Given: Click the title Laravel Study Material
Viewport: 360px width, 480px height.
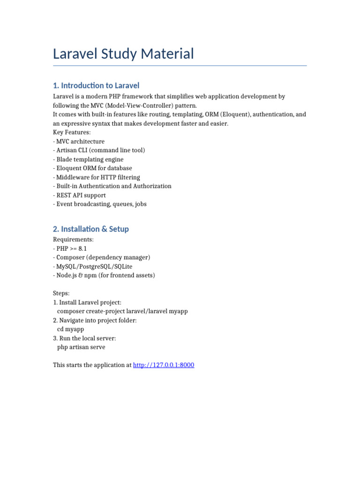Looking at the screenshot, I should [x=123, y=54].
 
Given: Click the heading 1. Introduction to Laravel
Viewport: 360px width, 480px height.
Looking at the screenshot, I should [x=96, y=85].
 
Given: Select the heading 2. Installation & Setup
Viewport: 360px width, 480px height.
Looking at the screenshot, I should [x=91, y=229].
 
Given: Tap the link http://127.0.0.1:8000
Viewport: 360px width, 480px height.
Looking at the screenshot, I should [x=164, y=365].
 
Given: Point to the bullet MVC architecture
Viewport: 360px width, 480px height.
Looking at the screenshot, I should [x=79, y=141].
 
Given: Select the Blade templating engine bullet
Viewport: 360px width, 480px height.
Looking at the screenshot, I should [x=88, y=159].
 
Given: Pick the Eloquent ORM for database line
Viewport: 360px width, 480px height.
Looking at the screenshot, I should [x=92, y=168].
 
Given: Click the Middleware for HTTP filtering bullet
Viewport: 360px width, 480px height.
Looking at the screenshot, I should [x=97, y=177].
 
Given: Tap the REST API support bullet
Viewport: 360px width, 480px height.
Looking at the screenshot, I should [x=79, y=195].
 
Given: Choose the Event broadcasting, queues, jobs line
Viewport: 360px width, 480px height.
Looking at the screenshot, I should [x=100, y=204].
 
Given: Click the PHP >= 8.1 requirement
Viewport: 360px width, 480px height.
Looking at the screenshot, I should [x=70, y=248].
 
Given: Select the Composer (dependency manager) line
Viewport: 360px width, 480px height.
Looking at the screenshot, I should [x=101, y=257].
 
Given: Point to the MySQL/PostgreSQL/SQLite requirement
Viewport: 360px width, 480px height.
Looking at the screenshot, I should [x=93, y=266].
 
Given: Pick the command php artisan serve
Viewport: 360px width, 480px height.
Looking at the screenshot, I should [x=81, y=347].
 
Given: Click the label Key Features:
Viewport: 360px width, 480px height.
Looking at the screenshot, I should [x=72, y=132].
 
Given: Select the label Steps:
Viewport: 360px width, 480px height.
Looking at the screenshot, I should [x=61, y=293].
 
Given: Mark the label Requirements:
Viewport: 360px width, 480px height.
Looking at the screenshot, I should [x=73, y=240].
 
